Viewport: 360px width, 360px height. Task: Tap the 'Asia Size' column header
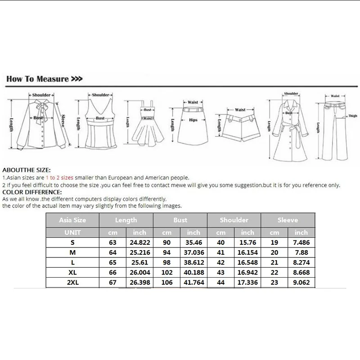pos(72,220)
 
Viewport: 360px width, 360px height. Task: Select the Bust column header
pos(180,220)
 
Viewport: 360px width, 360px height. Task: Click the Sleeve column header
pos(288,220)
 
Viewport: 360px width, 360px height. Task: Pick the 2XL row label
pos(72,282)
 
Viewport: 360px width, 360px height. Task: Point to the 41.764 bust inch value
pos(193,282)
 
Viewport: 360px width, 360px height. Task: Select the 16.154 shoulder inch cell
pos(247,253)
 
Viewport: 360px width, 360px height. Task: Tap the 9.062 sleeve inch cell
pos(301,282)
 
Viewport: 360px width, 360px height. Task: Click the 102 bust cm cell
pos(167,272)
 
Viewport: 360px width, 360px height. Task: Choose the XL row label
pos(72,272)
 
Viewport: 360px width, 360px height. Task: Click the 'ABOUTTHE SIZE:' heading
pos(27,171)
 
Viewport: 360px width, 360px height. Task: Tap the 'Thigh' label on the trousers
pos(353,116)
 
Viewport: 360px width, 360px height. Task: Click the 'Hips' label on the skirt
pos(193,120)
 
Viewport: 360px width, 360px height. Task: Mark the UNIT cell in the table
pos(72,233)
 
